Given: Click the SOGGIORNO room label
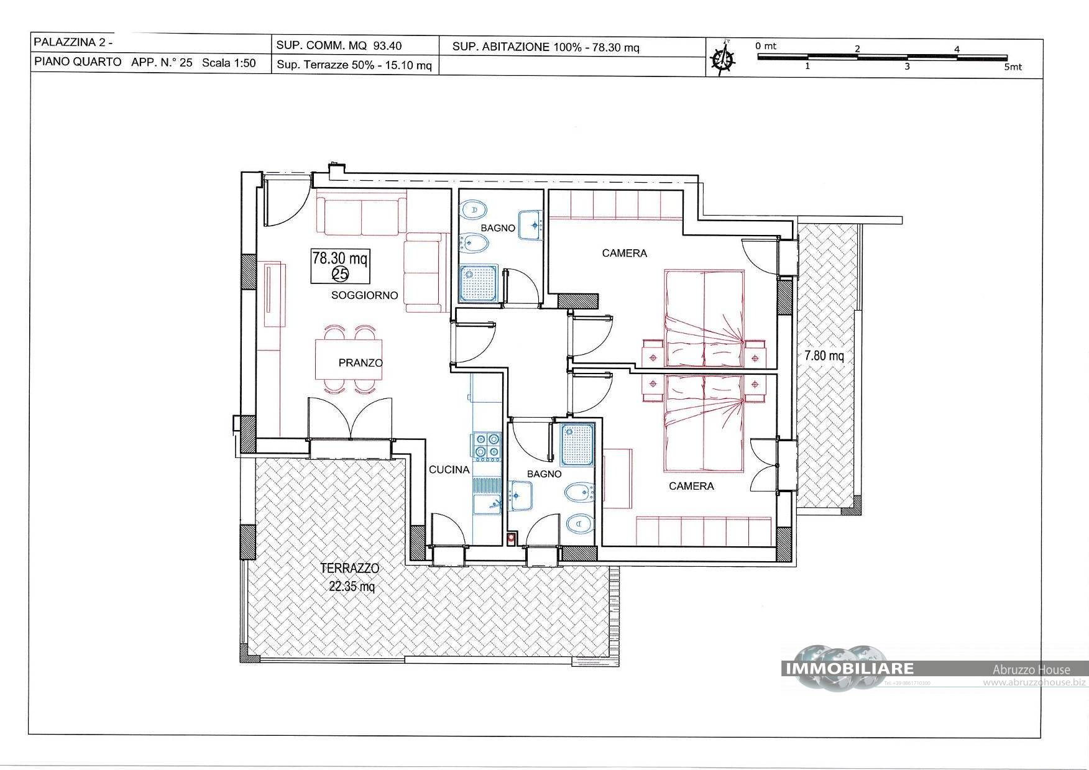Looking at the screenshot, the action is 364,295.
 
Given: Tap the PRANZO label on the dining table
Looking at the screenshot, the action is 361,363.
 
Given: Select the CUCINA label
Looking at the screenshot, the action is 449,470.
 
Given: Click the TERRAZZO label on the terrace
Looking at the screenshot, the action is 349,568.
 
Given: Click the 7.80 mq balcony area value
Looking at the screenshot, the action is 824,356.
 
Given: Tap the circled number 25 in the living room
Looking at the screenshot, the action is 340,273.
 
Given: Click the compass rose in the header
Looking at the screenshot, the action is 722,58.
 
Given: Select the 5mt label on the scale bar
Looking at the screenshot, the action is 1013,67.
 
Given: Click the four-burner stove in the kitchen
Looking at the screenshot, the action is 487,446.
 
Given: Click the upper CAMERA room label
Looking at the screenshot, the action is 624,253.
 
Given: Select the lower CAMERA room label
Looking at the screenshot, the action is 691,486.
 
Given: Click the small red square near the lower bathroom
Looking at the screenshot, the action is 512,539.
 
